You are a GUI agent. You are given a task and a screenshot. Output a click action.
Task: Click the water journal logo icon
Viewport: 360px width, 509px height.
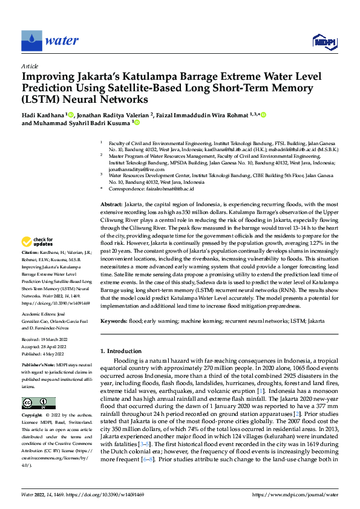pyautogui.click(x=31, y=41)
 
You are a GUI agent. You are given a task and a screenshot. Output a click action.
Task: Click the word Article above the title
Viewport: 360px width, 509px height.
pyautogui.click(x=30, y=66)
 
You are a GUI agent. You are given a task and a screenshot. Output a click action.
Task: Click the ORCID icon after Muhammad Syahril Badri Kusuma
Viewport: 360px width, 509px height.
pyautogui.click(x=136, y=123)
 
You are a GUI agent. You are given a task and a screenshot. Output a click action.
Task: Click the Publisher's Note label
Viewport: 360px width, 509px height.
pyautogui.click(x=40, y=367)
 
